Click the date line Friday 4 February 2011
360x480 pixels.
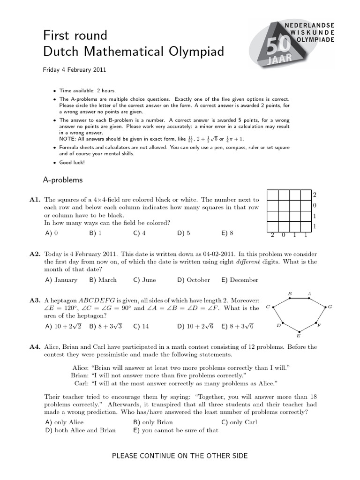point(75,70)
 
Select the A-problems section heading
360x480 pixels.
point(62,180)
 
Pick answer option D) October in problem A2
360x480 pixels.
point(193,280)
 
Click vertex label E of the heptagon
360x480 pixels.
point(299,336)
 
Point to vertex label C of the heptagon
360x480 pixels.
point(267,307)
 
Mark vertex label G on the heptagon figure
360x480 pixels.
point(330,307)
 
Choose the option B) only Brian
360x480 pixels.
point(153,422)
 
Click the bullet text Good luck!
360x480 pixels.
point(72,163)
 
